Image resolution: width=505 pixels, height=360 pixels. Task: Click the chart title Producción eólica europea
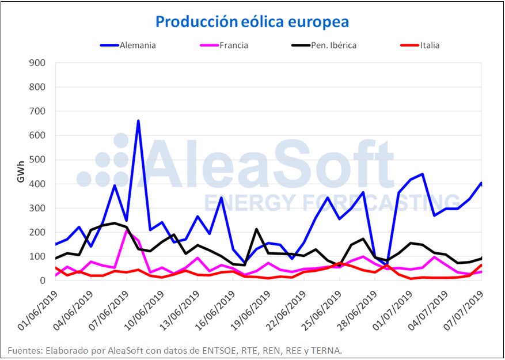pos(252,22)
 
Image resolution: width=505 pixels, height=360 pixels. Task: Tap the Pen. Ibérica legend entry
pos(332,45)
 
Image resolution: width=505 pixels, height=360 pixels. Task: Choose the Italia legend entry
pos(430,45)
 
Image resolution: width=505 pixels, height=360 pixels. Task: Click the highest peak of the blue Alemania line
pos(138,121)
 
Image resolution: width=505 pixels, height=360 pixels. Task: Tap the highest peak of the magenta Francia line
pos(127,229)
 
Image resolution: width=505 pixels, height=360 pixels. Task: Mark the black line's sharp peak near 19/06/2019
pos(256,229)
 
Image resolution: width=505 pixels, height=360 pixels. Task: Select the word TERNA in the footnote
pos(329,350)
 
